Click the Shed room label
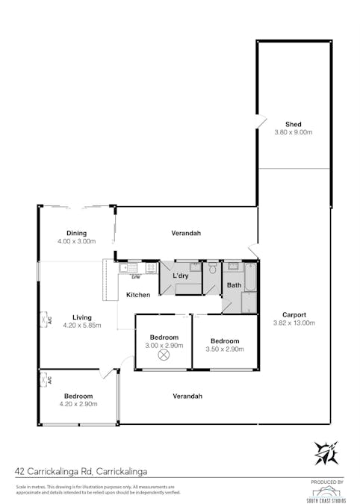293,124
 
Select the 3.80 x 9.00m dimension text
293,132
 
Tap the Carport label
293,314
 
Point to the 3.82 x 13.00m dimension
293,323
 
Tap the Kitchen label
138,295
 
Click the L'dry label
181,276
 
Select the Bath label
234,285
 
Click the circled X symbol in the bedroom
164,355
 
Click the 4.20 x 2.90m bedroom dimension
78,404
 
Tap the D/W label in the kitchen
136,276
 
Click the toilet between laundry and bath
212,267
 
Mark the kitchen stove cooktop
151,267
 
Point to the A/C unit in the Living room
43,320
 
